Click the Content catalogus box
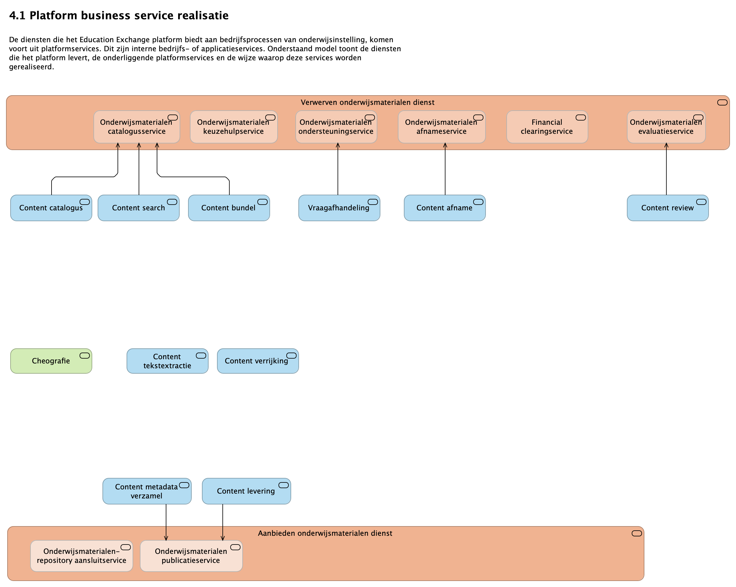click(51, 208)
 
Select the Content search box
click(138, 208)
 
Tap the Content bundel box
click(229, 208)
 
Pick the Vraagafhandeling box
click(339, 208)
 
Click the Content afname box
click(445, 208)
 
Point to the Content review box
click(667, 208)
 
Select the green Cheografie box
click(51, 361)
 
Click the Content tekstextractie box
click(167, 361)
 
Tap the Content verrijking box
click(258, 361)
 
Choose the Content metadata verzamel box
click(147, 491)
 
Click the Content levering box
click(246, 491)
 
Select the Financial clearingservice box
click(547, 127)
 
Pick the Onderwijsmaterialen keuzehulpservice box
click(234, 127)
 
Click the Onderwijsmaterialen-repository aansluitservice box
click(82, 556)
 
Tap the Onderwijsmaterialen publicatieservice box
click(191, 556)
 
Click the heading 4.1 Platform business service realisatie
click(119, 15)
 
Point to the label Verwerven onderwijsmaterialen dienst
click(367, 102)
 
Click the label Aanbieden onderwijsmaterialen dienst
click(325, 533)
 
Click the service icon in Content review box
click(701, 202)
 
